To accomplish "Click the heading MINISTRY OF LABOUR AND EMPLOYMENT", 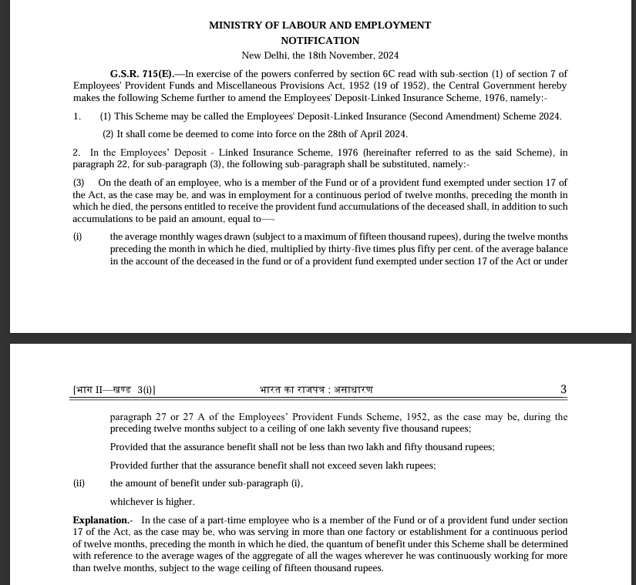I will pyautogui.click(x=320, y=25).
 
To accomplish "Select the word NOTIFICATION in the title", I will pyautogui.click(x=320, y=40).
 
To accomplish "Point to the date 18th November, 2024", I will pyautogui.click(x=359, y=55).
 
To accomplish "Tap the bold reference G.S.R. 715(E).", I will pyautogui.click(x=142, y=73).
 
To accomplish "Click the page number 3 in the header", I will pyautogui.click(x=564, y=389).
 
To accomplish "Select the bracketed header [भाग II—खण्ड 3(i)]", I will pyautogui.click(x=119, y=390).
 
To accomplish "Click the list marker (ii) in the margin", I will pyautogui.click(x=79, y=483).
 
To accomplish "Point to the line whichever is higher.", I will pyautogui.click(x=152, y=502).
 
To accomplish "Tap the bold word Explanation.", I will pyautogui.click(x=101, y=520).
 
